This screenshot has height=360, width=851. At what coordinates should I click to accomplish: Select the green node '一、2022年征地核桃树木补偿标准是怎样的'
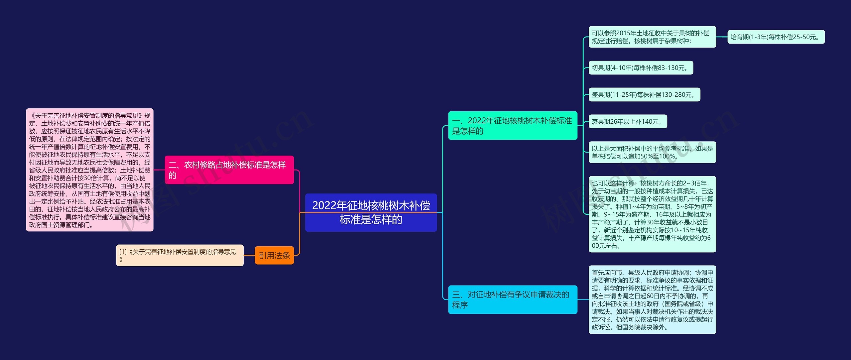pos(512,126)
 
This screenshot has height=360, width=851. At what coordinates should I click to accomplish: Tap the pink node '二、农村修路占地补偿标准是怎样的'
pos(229,170)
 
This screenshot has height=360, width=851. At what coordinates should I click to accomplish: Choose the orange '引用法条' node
pos(274,255)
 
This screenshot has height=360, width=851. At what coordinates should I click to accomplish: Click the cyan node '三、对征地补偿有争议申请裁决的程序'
pos(512,300)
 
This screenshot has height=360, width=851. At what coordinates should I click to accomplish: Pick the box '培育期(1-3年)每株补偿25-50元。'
pos(776,37)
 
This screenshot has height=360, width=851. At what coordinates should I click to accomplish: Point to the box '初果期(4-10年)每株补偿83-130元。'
pos(641,68)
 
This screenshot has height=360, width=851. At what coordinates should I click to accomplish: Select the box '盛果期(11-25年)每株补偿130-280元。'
pos(644,95)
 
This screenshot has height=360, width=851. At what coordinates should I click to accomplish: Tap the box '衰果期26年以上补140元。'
pos(628,122)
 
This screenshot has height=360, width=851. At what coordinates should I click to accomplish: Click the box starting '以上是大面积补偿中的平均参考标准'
pos(652,152)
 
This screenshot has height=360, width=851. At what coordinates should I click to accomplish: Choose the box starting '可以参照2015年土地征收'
pos(652,37)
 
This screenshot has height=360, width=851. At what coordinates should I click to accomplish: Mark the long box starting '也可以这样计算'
pos(652,214)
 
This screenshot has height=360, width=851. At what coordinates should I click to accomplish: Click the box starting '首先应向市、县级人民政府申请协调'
pos(652,300)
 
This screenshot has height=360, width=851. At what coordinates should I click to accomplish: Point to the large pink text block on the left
pos(90,170)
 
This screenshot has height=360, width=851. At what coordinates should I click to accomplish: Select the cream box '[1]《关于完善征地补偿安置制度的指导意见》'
pos(180,255)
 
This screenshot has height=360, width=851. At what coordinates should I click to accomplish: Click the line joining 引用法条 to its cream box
pos(249,255)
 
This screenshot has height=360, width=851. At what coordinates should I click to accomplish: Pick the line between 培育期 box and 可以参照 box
pos(722,37)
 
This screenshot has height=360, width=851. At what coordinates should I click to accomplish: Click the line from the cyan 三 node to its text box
pos(583,300)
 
